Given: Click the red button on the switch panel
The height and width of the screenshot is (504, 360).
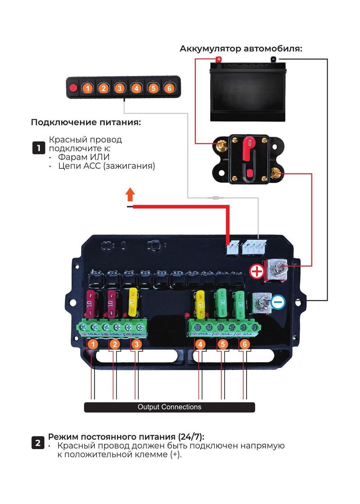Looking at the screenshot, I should (72, 88).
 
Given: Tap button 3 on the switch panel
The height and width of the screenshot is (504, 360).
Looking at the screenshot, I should (120, 88).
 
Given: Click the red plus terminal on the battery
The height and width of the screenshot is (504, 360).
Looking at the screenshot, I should (219, 59).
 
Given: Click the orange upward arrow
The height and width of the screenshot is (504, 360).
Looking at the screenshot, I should (130, 195).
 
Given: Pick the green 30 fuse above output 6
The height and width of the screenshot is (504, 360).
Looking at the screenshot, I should (240, 304).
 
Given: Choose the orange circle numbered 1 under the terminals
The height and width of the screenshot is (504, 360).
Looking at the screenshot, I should (92, 345).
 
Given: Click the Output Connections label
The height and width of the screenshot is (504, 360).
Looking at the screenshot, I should (170, 407).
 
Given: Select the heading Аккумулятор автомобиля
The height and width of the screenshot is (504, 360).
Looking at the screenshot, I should (241, 49).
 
